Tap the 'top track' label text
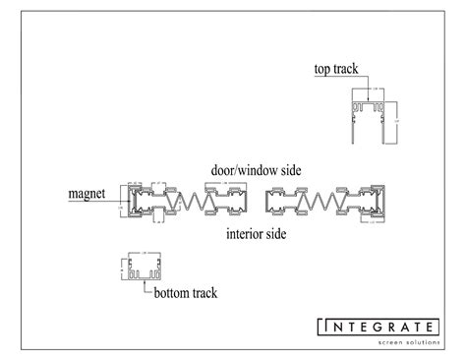tap(336, 68)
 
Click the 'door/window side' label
tap(255, 169)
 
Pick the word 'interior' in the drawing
tap(243, 234)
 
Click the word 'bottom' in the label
tap(169, 292)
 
